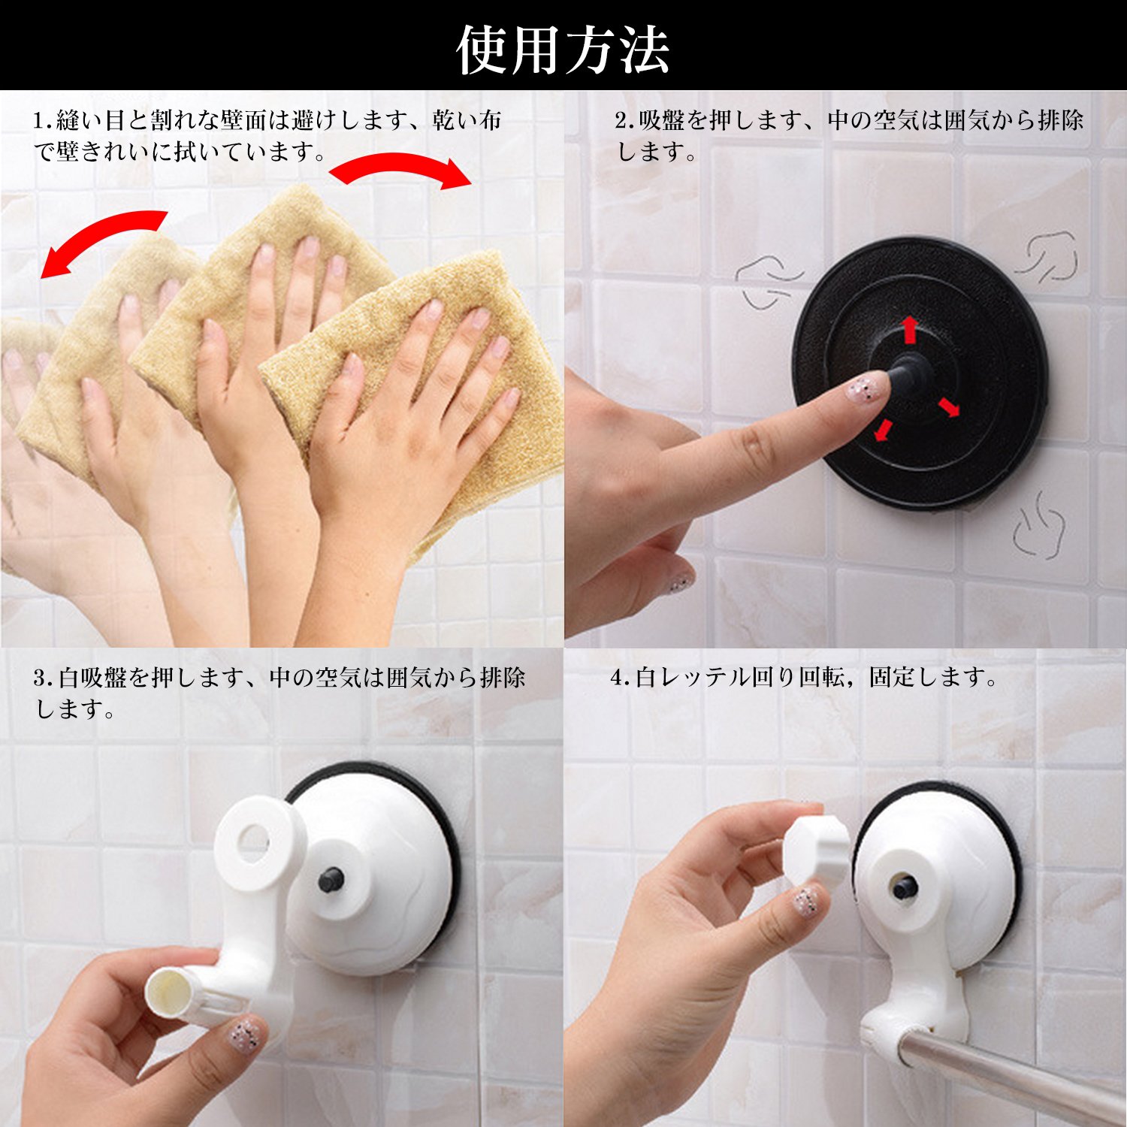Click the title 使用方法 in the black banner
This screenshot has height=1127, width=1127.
point(563,50)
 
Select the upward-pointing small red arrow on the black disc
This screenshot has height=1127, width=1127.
point(909,329)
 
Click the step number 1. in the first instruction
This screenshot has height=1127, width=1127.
point(43,120)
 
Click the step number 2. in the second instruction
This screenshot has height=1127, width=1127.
point(625,120)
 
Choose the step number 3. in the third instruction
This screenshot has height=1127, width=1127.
point(44,678)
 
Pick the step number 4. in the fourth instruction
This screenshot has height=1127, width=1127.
point(621,678)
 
